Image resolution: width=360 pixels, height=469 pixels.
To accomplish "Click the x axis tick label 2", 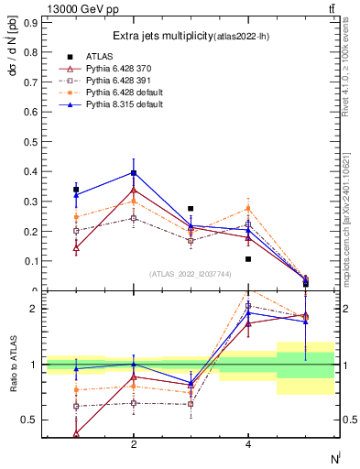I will coord(134,444).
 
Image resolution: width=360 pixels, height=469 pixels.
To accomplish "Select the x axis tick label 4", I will coord(248,444).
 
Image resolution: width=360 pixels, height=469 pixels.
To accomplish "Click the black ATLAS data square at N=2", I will coord(134,173).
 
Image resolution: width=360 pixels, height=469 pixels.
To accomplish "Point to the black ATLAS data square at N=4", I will coord(248,259).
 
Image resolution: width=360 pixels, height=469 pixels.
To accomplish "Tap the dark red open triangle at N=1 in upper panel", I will coord(76,247).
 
